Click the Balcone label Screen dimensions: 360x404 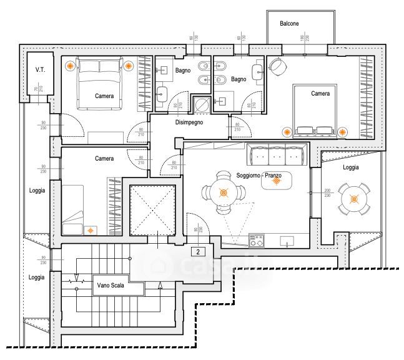(x=289, y=23)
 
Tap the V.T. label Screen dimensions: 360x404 (x=41, y=69)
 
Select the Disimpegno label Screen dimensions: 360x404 (x=190, y=122)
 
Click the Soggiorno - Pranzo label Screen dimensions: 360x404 (x=259, y=176)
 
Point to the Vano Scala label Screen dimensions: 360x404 (x=111, y=286)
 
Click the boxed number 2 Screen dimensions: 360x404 (x=197, y=252)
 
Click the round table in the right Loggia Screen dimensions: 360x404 (x=354, y=199)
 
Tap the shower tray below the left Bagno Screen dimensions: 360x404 (x=201, y=104)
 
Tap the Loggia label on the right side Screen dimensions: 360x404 (x=351, y=167)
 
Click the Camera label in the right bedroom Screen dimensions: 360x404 (x=320, y=93)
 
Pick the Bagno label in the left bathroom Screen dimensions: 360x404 (x=182, y=70)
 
